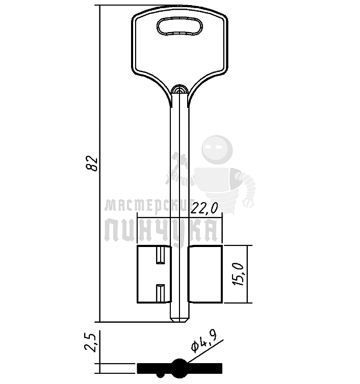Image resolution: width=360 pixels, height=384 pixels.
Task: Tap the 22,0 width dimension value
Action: [204, 209]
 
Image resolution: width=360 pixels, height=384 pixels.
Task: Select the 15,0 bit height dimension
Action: [238, 274]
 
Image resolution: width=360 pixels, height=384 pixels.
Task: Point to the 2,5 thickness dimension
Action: [90, 344]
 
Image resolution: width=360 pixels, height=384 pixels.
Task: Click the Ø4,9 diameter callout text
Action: [204, 343]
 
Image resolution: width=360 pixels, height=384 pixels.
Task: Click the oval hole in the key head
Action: [179, 25]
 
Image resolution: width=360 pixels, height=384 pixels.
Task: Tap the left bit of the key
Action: [154, 274]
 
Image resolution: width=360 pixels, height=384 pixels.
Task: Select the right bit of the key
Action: [205, 274]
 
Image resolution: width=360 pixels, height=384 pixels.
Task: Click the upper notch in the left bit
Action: [161, 256]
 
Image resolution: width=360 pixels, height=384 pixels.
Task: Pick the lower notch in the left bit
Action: [161, 293]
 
